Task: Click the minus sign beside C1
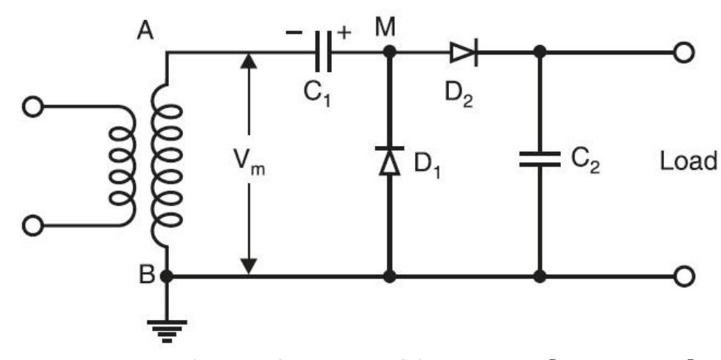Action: coord(293,34)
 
